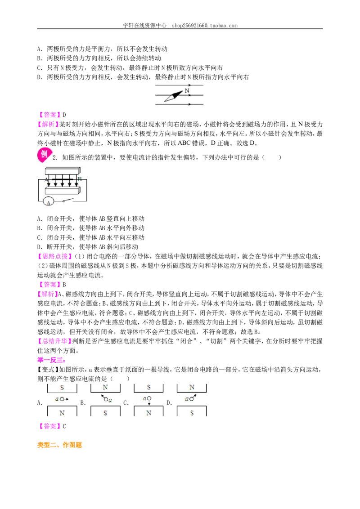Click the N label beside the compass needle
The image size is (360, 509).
(x=187, y=91)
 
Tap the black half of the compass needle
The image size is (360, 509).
(x=177, y=94)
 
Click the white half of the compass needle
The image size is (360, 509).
(x=169, y=98)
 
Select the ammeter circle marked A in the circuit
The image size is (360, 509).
(x=49, y=202)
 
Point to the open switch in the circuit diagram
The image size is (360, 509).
(x=67, y=200)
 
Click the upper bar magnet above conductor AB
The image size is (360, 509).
(x=63, y=171)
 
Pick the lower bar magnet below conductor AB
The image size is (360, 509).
(x=62, y=190)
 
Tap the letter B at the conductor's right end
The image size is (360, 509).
(x=80, y=179)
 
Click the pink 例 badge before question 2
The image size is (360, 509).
(x=44, y=155)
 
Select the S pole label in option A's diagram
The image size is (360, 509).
(x=62, y=388)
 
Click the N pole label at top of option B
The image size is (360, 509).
(x=105, y=387)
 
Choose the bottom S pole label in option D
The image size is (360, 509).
(x=192, y=413)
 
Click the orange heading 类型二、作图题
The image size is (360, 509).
(x=59, y=445)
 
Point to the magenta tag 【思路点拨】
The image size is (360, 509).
(x=53, y=256)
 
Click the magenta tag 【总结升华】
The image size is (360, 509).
(x=53, y=341)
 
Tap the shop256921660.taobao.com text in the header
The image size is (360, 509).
(x=205, y=25)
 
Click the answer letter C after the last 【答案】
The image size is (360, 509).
(x=64, y=426)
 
